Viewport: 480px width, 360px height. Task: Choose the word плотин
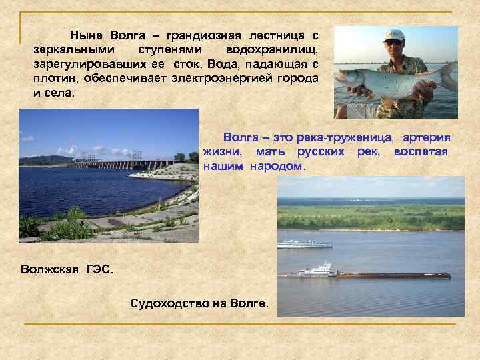coord(54,79)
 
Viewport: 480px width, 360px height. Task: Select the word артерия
coord(426,137)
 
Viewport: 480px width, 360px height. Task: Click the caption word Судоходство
coord(169,304)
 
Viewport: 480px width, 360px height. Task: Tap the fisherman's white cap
coord(394,34)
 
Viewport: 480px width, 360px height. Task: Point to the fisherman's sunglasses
coord(394,43)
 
